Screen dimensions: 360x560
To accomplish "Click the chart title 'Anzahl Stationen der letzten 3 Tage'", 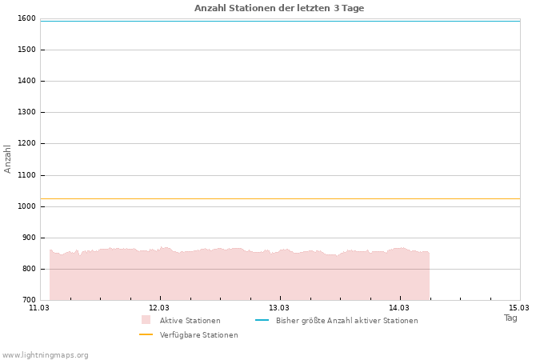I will [279, 8].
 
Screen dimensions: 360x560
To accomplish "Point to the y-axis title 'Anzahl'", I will [8, 158].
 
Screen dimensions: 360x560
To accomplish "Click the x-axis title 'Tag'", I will [510, 318].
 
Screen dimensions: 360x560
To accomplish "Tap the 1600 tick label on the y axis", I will [26, 18].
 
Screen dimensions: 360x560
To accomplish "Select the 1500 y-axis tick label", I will [26, 50].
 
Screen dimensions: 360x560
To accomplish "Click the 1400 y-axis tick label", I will [26, 81].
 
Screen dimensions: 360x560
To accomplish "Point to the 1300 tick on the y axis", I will [26, 112].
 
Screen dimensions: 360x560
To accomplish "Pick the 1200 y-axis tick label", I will [26, 143].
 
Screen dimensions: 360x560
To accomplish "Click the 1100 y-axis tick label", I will [26, 175].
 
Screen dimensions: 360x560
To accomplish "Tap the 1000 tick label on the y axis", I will [26, 206].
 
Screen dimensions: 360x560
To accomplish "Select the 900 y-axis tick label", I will [28, 238].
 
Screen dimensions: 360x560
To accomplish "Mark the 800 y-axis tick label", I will [28, 269].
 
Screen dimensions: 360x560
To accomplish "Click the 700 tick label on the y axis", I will [28, 300].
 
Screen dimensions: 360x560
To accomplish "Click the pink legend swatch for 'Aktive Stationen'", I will [146, 320].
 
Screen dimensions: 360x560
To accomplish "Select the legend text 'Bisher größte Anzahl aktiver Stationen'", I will [346, 321].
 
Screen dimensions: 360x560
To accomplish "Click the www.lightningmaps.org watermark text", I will [46, 355].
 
